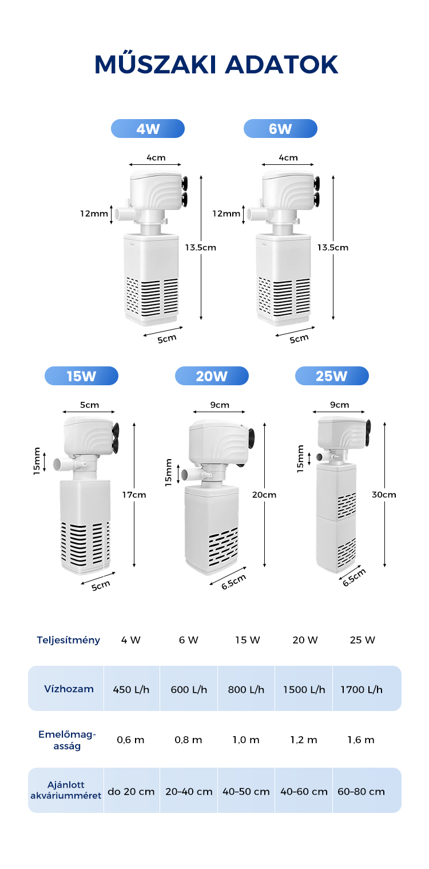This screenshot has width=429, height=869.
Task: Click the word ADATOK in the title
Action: (282, 65)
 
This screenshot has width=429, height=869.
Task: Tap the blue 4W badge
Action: (148, 128)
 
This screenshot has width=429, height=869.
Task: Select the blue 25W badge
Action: (332, 376)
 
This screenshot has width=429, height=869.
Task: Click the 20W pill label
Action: (212, 376)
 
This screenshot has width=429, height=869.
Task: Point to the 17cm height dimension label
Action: (134, 495)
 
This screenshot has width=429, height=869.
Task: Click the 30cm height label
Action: (384, 495)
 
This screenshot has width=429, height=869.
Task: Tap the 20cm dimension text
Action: (264, 495)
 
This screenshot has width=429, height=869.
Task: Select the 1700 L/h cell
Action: (362, 689)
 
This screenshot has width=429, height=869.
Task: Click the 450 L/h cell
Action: (131, 689)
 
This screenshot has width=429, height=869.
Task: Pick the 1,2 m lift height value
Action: (304, 740)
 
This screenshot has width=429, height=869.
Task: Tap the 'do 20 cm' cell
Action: (131, 791)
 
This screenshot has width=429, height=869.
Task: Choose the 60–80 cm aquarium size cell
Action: (361, 791)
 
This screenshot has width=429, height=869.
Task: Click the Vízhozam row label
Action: (69, 689)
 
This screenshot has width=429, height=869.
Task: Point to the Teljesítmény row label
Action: (68, 640)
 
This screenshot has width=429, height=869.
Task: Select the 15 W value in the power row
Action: (247, 640)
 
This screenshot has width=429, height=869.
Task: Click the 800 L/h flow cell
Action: (246, 689)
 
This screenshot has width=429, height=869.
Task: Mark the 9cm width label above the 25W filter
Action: (339, 405)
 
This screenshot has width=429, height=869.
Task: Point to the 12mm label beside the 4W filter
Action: (94, 214)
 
